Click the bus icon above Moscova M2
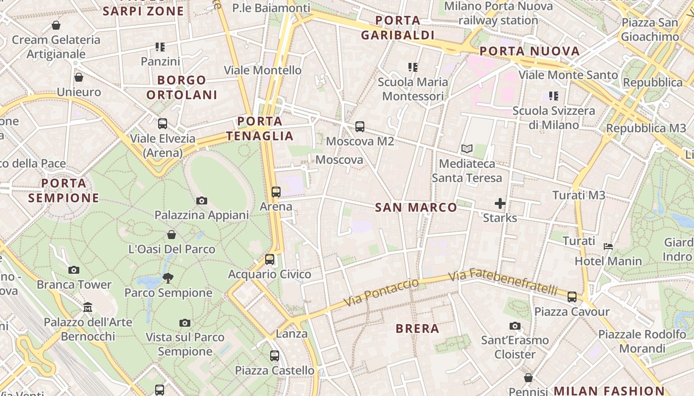click(x=360, y=127)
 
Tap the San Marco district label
click(x=416, y=207)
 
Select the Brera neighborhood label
click(x=417, y=328)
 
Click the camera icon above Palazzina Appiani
click(x=201, y=200)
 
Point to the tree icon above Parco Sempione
click(x=168, y=278)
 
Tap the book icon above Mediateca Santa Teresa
click(x=466, y=148)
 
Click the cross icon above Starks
click(x=500, y=203)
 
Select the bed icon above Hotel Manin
click(x=608, y=246)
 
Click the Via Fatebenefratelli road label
click(x=503, y=281)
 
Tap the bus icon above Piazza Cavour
click(x=572, y=297)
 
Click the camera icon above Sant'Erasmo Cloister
click(x=515, y=326)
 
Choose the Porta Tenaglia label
click(x=260, y=128)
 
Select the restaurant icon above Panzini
click(x=160, y=47)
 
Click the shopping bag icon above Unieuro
click(x=78, y=77)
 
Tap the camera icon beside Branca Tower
click(x=74, y=270)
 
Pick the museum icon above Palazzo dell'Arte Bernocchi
click(x=88, y=307)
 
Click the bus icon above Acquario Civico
click(x=270, y=259)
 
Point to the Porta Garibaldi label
click(x=398, y=28)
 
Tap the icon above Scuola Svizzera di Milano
click(x=554, y=96)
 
